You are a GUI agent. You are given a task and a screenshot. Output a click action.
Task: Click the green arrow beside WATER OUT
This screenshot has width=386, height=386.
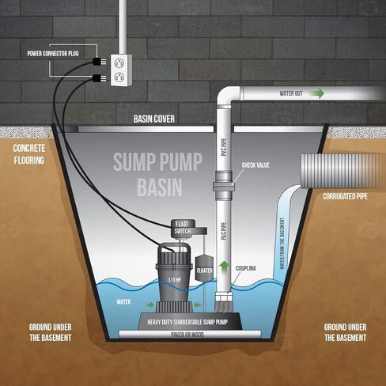pyautogui.click(x=316, y=93)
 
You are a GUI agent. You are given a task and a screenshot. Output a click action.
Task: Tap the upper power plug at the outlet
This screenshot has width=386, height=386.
pyautogui.click(x=100, y=62)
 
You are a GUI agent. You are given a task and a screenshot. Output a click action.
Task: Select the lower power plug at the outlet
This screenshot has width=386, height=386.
pyautogui.click(x=100, y=78)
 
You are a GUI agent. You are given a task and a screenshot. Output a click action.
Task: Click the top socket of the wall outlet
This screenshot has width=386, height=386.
pyautogui.click(x=119, y=62)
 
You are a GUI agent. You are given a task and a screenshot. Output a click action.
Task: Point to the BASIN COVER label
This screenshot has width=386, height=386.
pyautogui.click(x=154, y=119)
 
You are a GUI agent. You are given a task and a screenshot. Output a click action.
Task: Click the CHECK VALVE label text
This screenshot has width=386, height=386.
pyautogui.click(x=255, y=165)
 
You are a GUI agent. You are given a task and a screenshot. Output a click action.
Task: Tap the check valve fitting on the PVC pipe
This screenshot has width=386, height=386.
pyautogui.click(x=224, y=186)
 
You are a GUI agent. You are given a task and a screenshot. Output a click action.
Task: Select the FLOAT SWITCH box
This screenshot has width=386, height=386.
pyautogui.click(x=184, y=228)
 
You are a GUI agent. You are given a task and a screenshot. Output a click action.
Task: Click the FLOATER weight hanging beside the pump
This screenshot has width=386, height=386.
pyautogui.click(x=204, y=267)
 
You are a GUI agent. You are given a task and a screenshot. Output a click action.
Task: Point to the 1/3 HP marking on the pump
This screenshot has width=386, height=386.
pyautogui.click(x=175, y=280)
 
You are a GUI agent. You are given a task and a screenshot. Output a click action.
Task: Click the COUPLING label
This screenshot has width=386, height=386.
pyautogui.click(x=246, y=268)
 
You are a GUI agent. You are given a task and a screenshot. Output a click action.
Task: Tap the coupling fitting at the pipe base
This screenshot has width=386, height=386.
pyautogui.click(x=224, y=298)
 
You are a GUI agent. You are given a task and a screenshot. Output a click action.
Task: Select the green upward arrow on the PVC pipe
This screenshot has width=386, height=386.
pyautogui.click(x=224, y=267)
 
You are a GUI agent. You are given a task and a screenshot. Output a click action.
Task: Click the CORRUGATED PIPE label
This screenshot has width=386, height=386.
pyautogui.click(x=345, y=196)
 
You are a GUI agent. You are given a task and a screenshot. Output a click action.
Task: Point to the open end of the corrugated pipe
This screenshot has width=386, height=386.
pyautogui.click(x=305, y=170)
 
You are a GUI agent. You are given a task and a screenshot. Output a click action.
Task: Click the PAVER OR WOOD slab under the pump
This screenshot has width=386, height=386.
pyautogui.click(x=189, y=335)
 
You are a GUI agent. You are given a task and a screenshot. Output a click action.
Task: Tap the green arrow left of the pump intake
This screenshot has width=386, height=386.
pyautogui.click(x=150, y=305)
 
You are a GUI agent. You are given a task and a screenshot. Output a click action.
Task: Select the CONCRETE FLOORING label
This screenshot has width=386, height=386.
pyautogui.click(x=28, y=154)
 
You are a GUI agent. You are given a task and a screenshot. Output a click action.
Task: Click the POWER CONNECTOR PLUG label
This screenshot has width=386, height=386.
pyautogui.click(x=53, y=54)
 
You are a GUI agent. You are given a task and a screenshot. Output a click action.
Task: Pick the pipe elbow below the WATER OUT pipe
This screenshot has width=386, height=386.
pyautogui.click(x=226, y=96)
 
